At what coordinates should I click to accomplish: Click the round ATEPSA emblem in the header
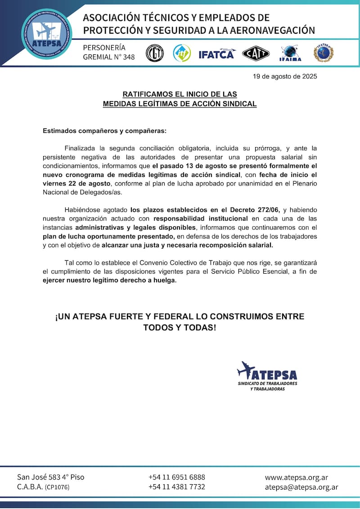tap(46, 34)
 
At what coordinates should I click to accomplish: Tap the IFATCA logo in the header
tap(217, 54)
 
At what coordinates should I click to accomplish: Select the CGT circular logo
tap(154, 54)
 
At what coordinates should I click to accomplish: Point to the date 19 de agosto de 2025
tap(285, 76)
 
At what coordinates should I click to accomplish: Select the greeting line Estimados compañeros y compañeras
tap(104, 131)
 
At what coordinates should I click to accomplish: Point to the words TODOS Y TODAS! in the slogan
tap(180, 328)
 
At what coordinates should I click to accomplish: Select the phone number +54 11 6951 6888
tap(177, 477)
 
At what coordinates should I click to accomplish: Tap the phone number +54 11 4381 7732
tap(177, 487)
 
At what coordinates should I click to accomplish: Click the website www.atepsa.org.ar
tap(296, 477)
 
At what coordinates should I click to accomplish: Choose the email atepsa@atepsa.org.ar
tap(301, 487)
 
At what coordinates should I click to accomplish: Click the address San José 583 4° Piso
tap(50, 477)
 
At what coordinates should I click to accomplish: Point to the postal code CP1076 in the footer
tap(58, 487)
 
